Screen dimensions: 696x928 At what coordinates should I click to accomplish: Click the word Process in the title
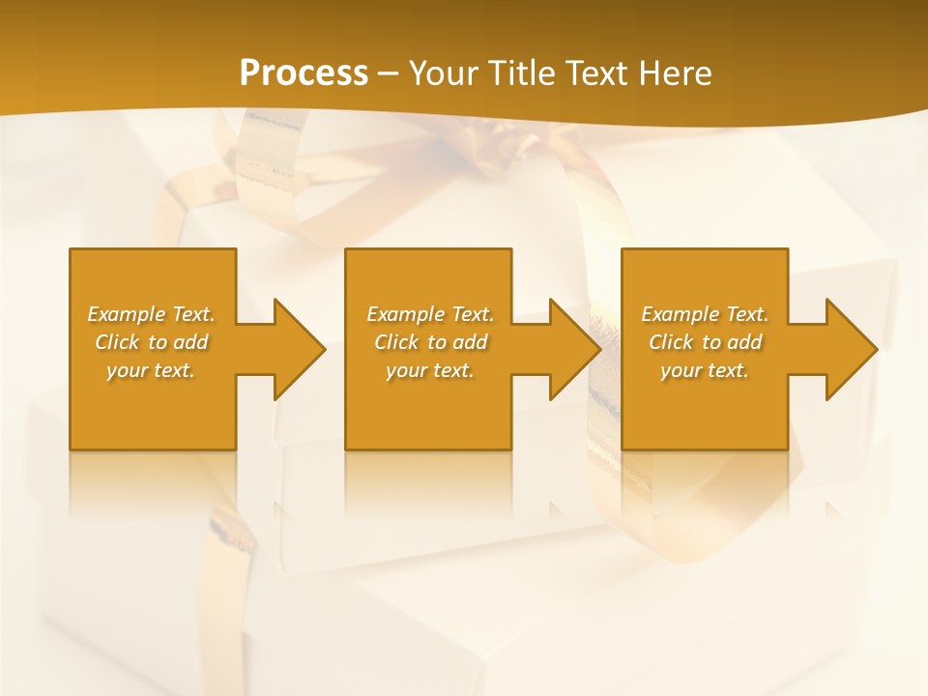click(304, 73)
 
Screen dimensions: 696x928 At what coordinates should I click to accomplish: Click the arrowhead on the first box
click(295, 349)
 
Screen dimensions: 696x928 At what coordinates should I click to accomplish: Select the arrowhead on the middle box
click(571, 349)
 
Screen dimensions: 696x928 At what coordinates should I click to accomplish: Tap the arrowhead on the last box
click(848, 349)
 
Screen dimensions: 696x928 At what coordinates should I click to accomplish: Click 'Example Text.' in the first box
click(151, 314)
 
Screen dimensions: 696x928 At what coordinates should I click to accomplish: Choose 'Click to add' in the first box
click(151, 342)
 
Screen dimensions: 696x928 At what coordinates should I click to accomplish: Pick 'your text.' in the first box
click(151, 370)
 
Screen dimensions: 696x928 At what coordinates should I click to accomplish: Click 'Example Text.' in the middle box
click(430, 314)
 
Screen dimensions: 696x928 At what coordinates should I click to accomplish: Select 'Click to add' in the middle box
click(430, 342)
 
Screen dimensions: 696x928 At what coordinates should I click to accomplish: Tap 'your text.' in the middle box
click(430, 370)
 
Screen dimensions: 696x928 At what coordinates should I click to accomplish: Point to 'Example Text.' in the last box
click(705, 314)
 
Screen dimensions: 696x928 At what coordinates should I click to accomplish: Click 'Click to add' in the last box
click(705, 342)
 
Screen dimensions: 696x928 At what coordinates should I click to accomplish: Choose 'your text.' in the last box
click(705, 370)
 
